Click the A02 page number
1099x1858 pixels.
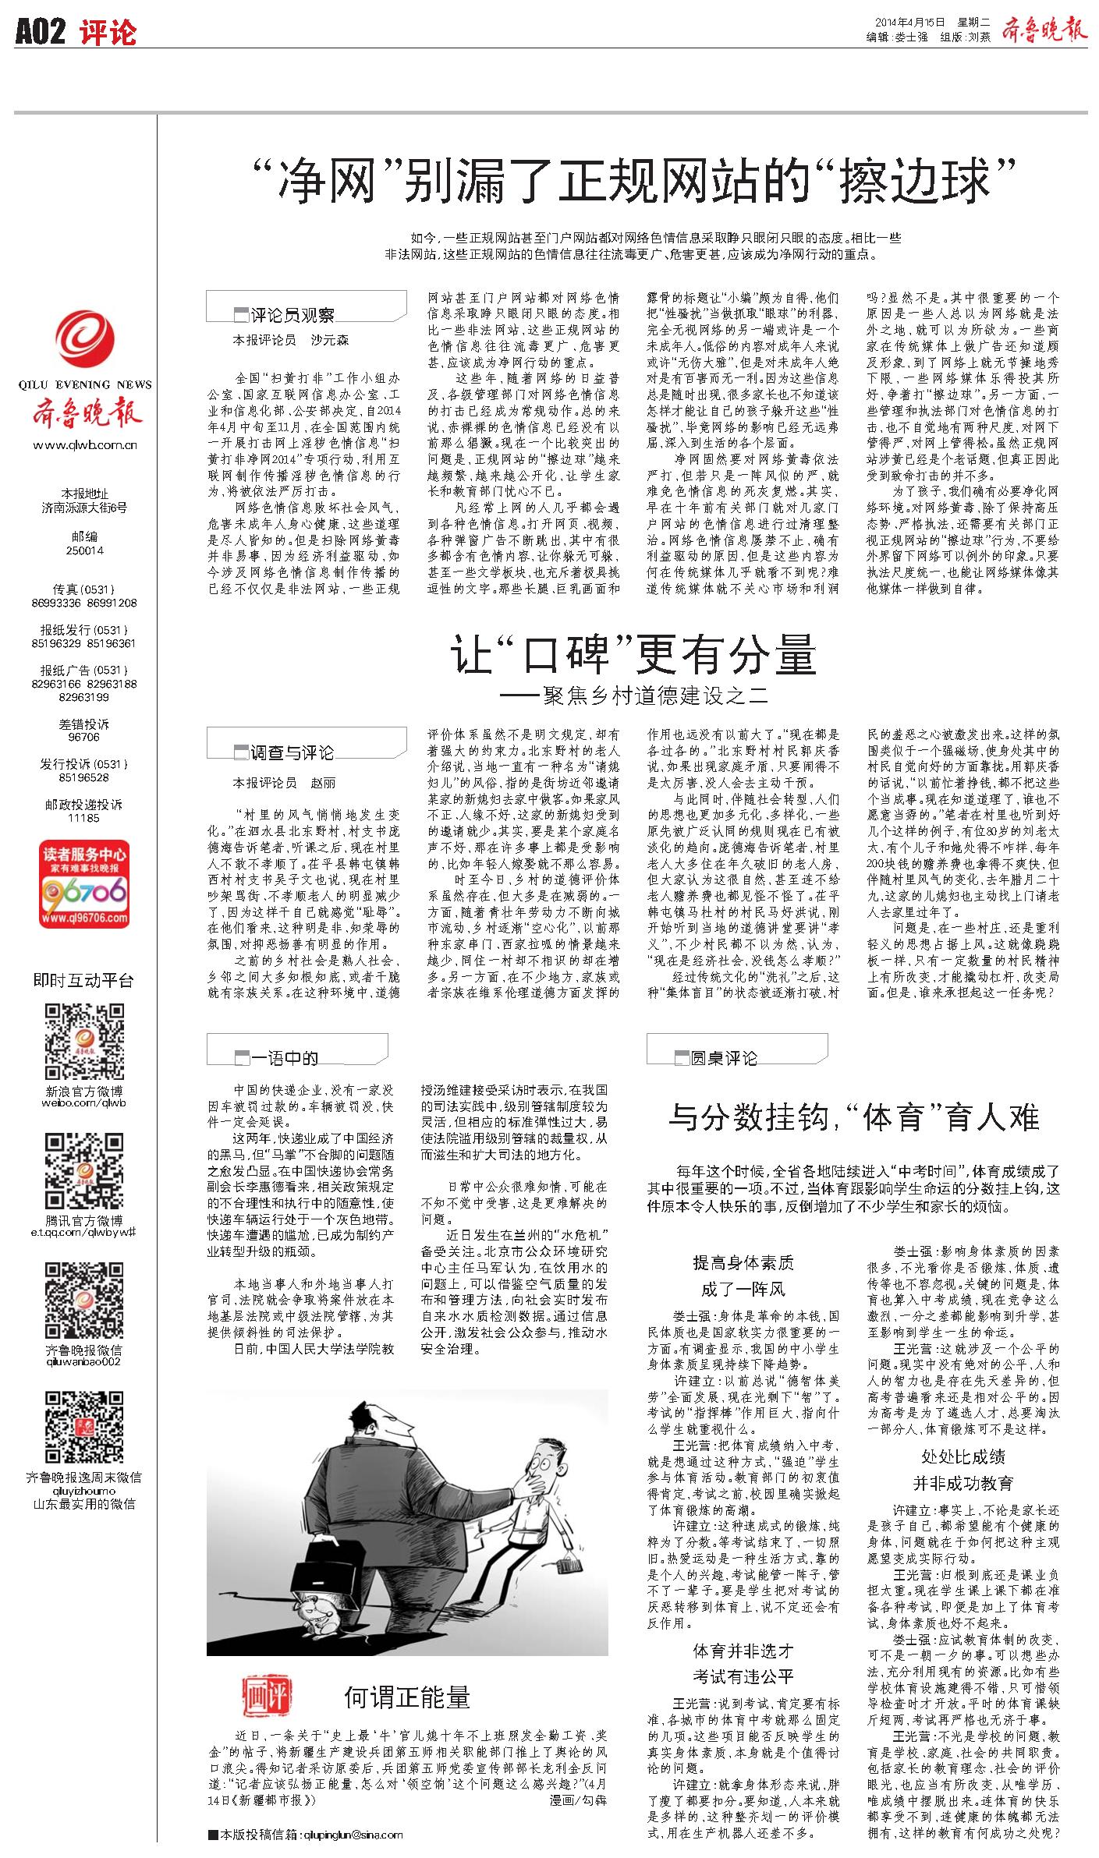tap(40, 32)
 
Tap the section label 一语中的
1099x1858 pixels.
tap(284, 1058)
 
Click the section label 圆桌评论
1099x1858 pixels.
tap(723, 1057)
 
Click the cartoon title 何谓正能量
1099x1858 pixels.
tap(407, 1697)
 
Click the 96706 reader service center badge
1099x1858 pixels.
tap(84, 884)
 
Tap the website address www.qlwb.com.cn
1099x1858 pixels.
tap(84, 446)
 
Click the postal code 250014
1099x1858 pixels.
tap(84, 550)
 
